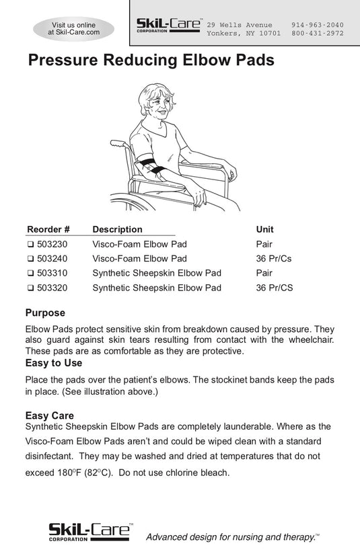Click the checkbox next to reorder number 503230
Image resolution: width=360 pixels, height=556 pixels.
tap(30, 244)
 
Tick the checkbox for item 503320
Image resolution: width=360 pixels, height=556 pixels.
tap(30, 288)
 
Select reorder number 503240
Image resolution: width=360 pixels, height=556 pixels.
tap(52, 259)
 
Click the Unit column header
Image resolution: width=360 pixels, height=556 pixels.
tap(265, 229)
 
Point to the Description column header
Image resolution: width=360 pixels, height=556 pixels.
tap(117, 229)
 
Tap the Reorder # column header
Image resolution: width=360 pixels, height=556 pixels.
tap(48, 229)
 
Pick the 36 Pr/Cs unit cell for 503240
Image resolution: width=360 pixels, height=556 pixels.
tap(274, 259)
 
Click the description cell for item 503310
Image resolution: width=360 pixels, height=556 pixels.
tap(157, 273)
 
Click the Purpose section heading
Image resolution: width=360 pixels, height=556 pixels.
tap(46, 313)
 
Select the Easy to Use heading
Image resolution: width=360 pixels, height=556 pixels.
tap(54, 363)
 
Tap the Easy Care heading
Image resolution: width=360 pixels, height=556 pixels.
tap(50, 415)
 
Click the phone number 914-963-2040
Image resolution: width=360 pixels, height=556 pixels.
tap(318, 25)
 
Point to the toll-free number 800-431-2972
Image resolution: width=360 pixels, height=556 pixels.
tap(318, 34)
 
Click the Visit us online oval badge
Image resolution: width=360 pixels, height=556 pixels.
tap(74, 29)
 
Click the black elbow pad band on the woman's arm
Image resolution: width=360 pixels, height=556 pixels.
tap(152, 166)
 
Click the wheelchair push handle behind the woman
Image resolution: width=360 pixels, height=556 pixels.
tap(118, 144)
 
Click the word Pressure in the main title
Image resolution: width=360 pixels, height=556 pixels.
tap(63, 60)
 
